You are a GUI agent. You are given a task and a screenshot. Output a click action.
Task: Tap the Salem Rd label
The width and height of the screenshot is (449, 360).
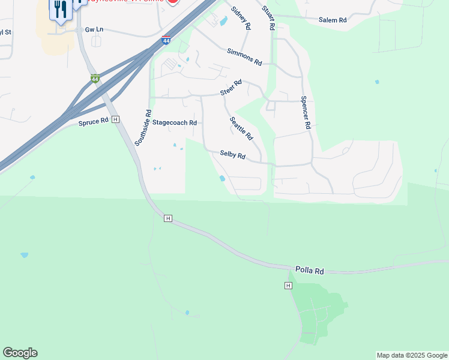coord(333,20)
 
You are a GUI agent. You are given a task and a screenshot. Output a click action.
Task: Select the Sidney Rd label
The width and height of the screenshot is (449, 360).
coord(241,19)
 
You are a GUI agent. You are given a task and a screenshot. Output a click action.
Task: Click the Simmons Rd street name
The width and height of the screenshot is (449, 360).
coord(244,58)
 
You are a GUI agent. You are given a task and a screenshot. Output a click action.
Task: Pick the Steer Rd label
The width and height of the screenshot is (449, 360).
coord(231,88)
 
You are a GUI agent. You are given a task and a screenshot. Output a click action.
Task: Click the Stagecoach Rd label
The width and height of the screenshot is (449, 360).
coord(174,122)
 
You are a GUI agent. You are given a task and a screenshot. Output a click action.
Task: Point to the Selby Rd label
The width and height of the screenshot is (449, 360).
coord(233,155)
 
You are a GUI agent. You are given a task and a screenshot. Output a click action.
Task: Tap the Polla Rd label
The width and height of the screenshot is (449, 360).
coord(310,271)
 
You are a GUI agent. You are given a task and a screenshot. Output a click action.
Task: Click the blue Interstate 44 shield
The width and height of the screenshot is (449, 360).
coord(166,41)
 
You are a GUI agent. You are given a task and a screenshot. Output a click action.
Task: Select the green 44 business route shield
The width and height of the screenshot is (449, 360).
coord(95,79)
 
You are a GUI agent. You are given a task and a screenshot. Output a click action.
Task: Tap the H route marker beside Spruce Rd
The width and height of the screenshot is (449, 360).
coord(115,119)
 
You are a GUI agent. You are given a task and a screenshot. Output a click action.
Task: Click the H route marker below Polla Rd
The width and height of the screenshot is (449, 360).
coord(288,286)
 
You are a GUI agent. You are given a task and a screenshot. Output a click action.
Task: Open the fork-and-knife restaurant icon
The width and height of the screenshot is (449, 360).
coord(59,9)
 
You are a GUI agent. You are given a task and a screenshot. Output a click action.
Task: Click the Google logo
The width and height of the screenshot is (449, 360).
coord(20,353)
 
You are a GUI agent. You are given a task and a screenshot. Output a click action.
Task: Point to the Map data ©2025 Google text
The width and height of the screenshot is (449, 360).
coord(411,355)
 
